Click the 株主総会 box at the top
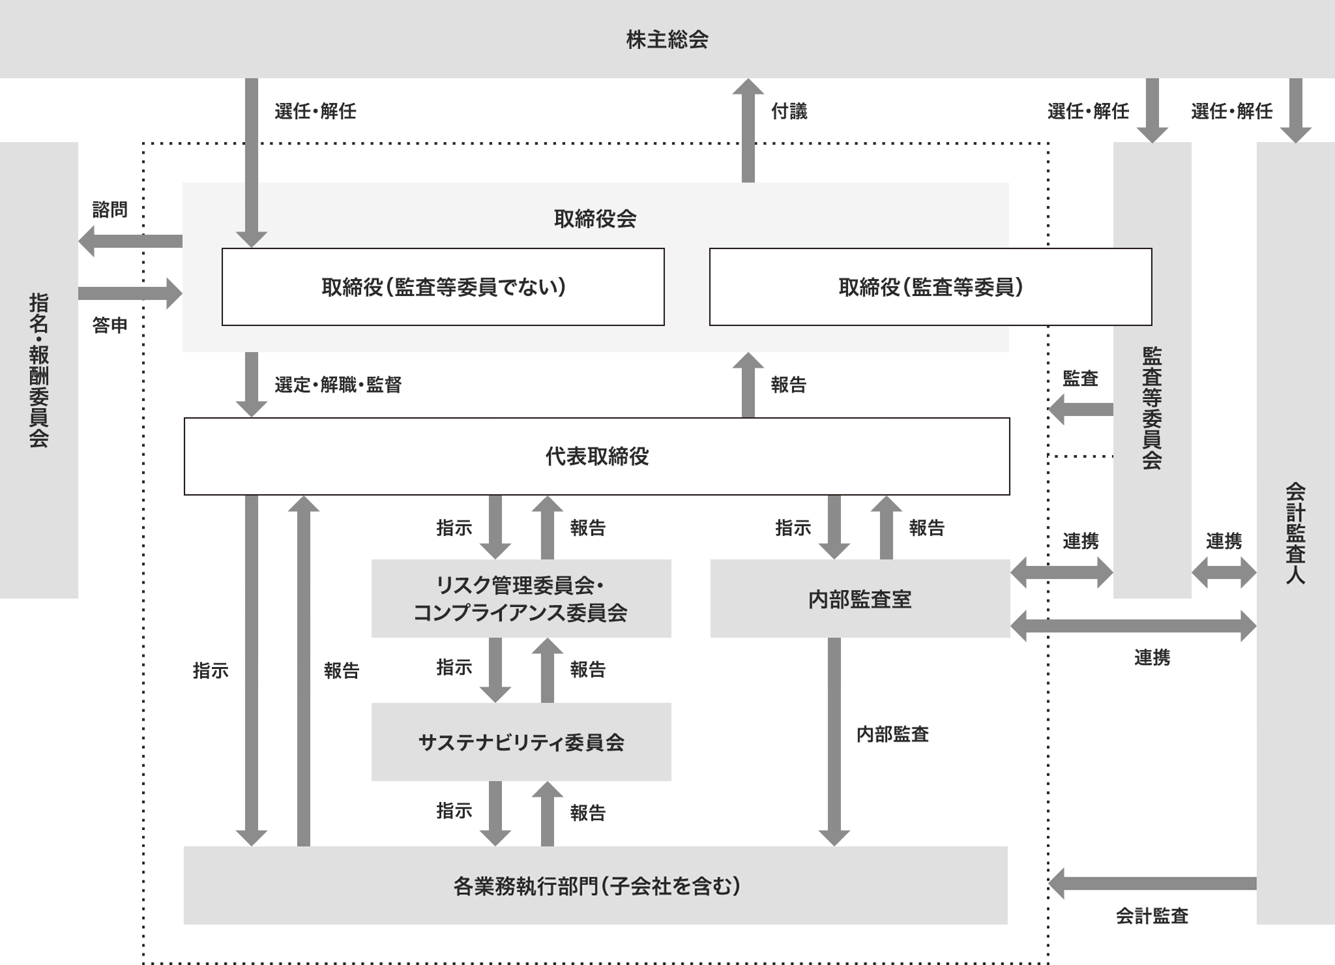tap(667, 39)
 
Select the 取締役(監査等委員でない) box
tap(443, 287)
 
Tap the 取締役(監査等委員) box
tap(930, 287)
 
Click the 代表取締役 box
tap(596, 456)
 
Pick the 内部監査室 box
tap(860, 599)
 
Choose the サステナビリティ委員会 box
tap(521, 742)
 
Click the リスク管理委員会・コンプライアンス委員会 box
tap(521, 599)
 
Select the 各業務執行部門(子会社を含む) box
tap(595, 885)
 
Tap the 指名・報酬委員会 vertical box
tap(38, 370)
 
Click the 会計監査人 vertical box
tap(1295, 533)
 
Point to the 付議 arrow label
tap(789, 111)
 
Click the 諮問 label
tap(110, 209)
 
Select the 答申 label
tap(110, 325)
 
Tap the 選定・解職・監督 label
tap(338, 385)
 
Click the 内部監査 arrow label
tap(892, 734)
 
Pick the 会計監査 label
tap(1152, 916)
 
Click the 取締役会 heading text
tap(595, 218)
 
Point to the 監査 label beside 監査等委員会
tap(1080, 378)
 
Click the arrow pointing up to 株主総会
tap(748, 130)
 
